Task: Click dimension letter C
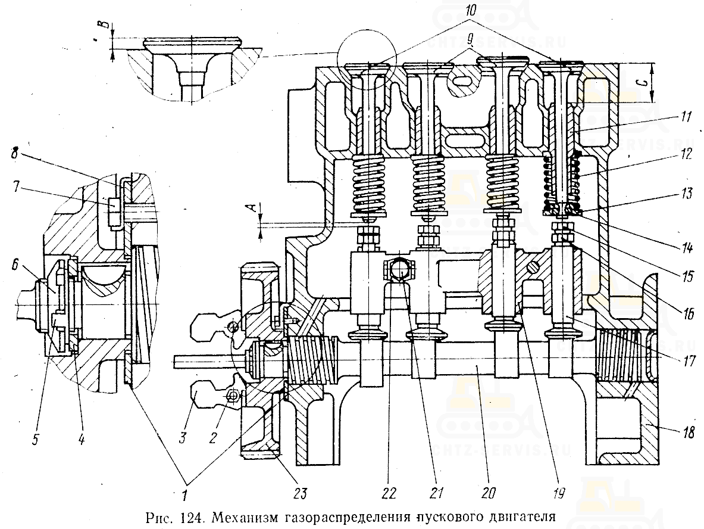669,84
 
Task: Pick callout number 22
389,493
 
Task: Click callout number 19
558,493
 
